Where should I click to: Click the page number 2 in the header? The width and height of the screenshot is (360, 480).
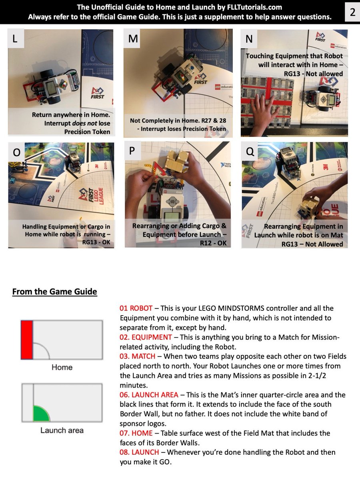coord(352,12)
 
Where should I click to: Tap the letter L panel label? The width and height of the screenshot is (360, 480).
coord(15,39)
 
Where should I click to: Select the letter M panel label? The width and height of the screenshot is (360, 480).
coord(133,39)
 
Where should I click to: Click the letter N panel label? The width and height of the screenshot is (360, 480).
coord(249,39)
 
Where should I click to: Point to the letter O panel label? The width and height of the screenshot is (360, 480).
coord(17,152)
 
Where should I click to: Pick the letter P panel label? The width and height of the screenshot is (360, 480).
coord(132,151)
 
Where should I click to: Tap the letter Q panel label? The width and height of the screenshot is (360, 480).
coord(250,151)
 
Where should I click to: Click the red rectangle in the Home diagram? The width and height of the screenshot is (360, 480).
coord(27,340)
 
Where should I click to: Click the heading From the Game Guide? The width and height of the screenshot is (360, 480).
coord(55,292)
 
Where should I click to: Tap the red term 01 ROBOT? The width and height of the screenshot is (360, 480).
coord(136,308)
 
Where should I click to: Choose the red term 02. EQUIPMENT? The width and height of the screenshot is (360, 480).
coord(146,337)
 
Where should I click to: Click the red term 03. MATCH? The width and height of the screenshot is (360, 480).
coord(137,356)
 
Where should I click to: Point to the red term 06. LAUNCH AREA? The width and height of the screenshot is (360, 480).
coord(149,395)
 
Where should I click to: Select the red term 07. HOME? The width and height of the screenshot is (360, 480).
coord(136,433)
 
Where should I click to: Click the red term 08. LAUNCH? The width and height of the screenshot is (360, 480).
coord(139,452)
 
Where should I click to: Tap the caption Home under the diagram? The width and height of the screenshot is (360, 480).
coord(62,367)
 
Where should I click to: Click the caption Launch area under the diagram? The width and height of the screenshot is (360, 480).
coord(62,430)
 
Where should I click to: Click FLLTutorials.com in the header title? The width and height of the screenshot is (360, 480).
coord(254,7)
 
